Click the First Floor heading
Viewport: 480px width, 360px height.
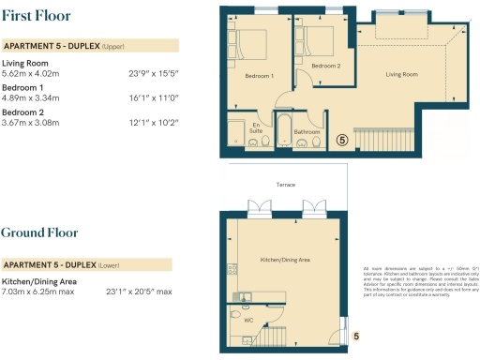[35, 15]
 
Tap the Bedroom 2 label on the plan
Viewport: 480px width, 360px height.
[324, 66]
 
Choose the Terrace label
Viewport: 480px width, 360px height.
[285, 185]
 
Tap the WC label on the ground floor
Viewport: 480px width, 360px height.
[249, 320]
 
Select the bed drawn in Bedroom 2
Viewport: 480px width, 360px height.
[314, 39]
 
